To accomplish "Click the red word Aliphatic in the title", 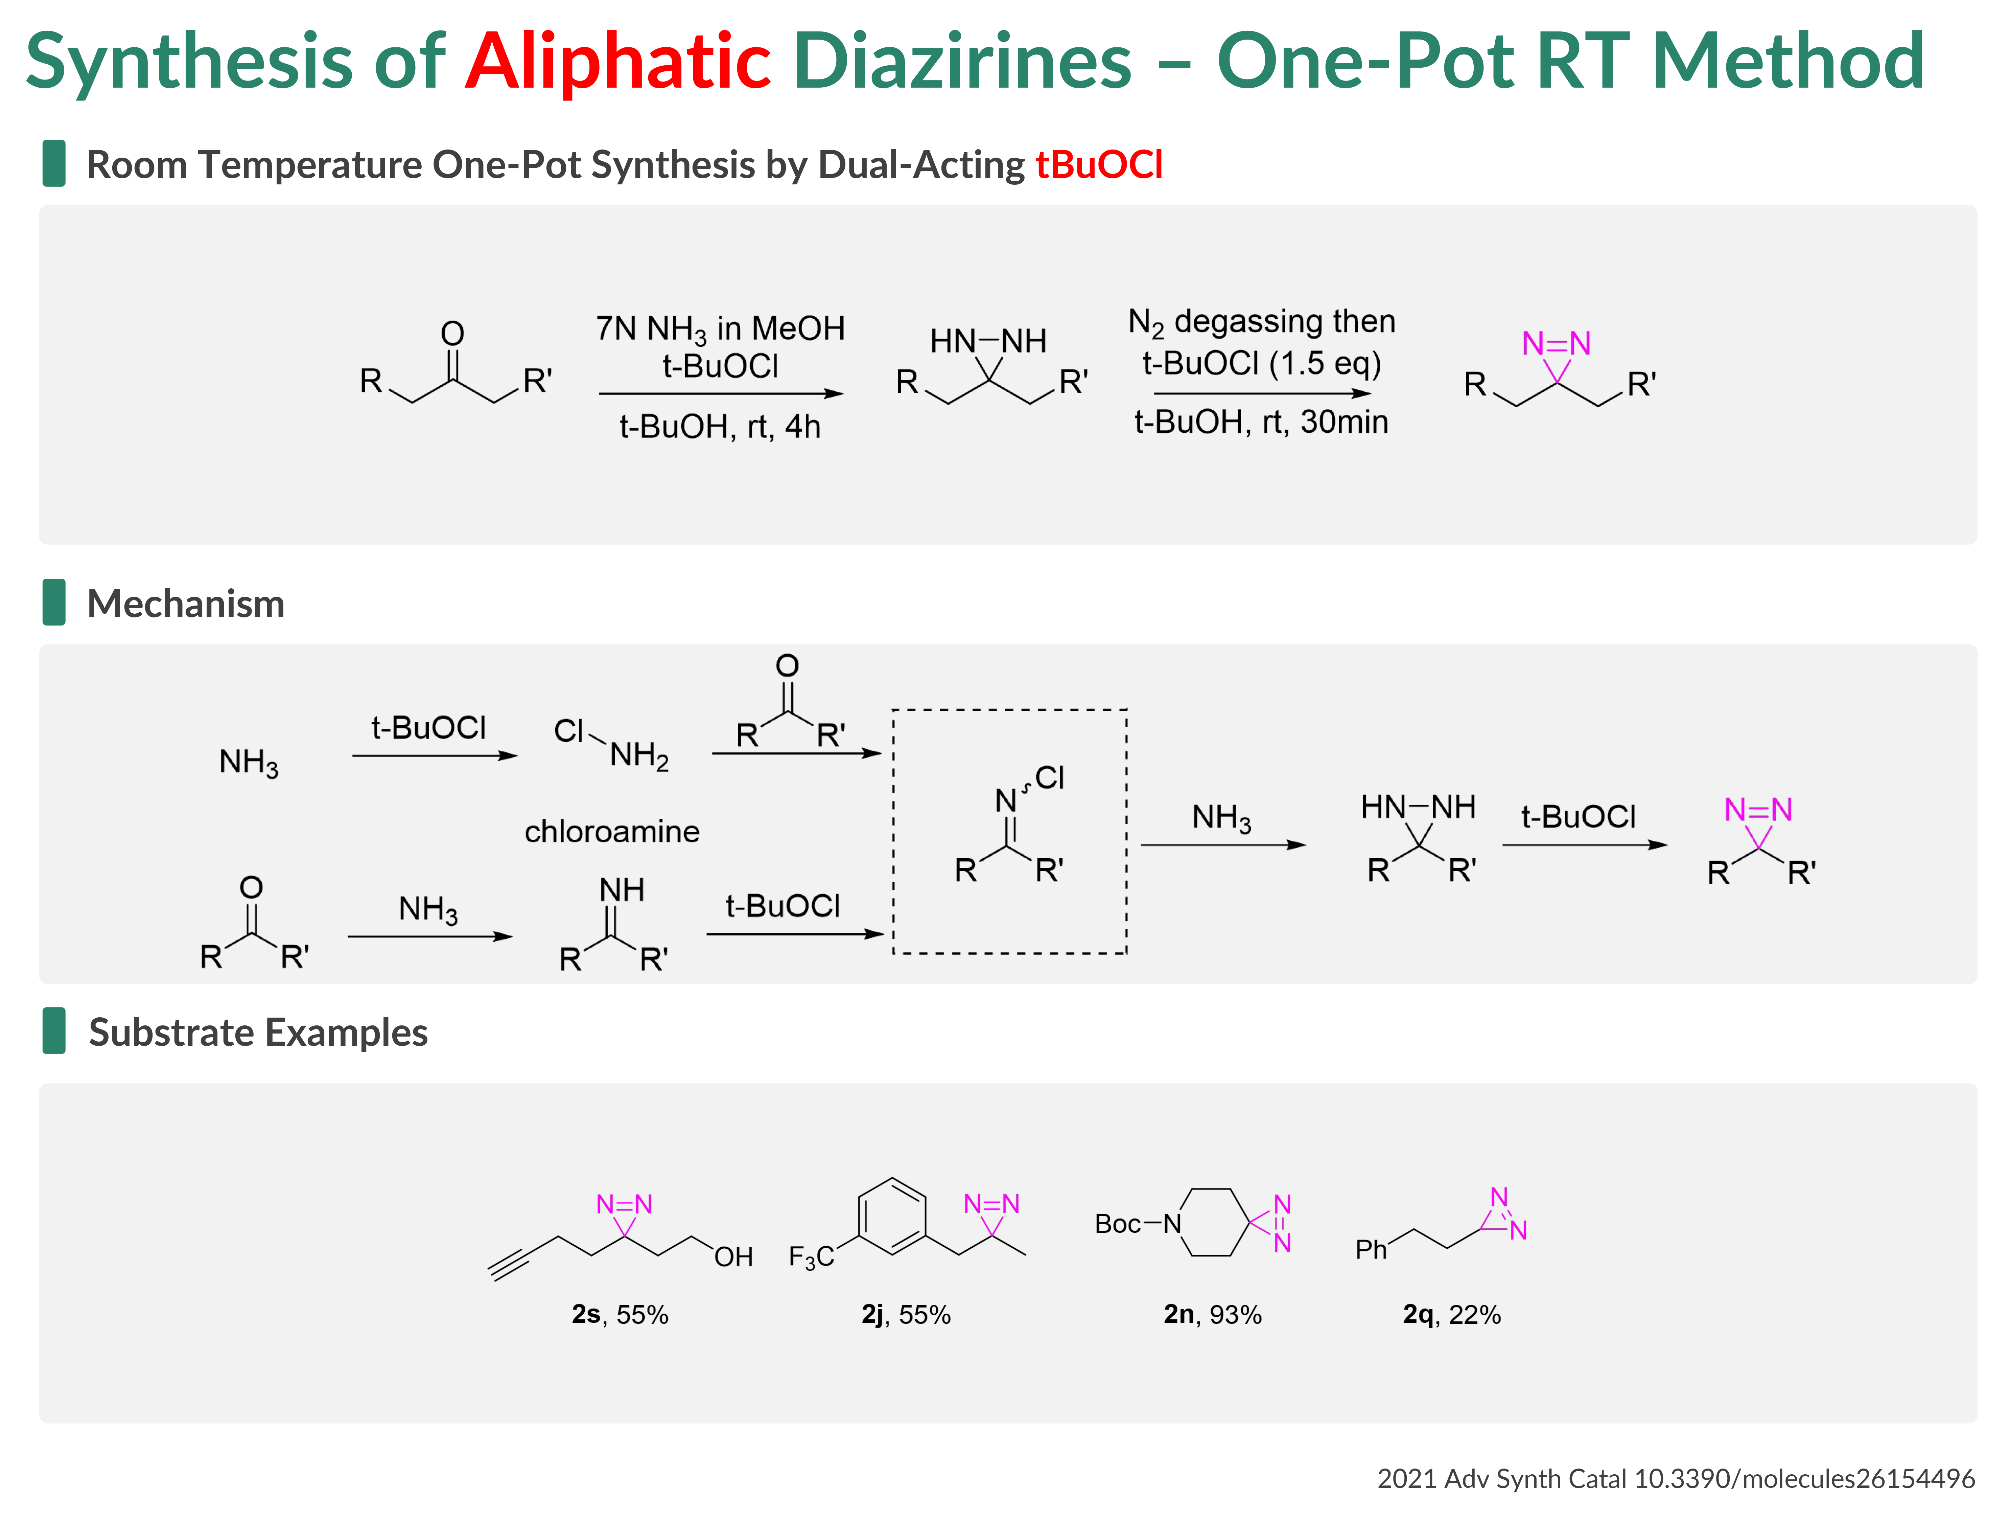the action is point(618,62).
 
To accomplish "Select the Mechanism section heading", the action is point(185,604).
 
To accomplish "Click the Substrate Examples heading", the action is point(258,1033).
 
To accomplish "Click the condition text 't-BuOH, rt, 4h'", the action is point(720,426).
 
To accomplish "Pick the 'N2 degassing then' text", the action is point(1261,322).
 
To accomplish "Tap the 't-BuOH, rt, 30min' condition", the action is point(1261,422).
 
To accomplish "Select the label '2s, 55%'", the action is point(620,1315).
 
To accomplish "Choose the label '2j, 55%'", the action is point(906,1315).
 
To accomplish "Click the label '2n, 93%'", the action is point(1212,1315).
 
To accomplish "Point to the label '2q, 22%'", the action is point(1451,1315).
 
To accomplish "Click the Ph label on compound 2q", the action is point(1371,1250).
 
